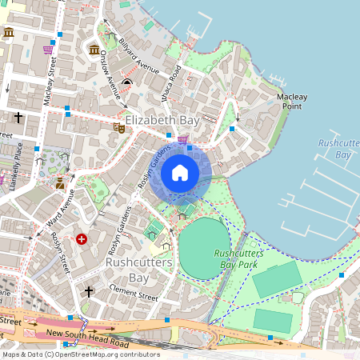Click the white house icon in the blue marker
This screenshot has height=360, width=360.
click(180, 172)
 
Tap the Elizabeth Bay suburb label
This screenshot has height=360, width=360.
click(162, 119)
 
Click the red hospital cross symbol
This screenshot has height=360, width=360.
click(82, 238)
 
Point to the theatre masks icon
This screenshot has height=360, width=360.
click(119, 126)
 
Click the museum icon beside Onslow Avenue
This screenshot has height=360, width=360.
click(94, 50)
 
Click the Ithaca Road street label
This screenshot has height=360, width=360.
click(174, 82)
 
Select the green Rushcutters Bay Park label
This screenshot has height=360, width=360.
click(235, 258)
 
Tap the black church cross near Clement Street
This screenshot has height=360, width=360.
click(89, 290)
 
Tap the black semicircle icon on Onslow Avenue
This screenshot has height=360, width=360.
click(127, 82)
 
